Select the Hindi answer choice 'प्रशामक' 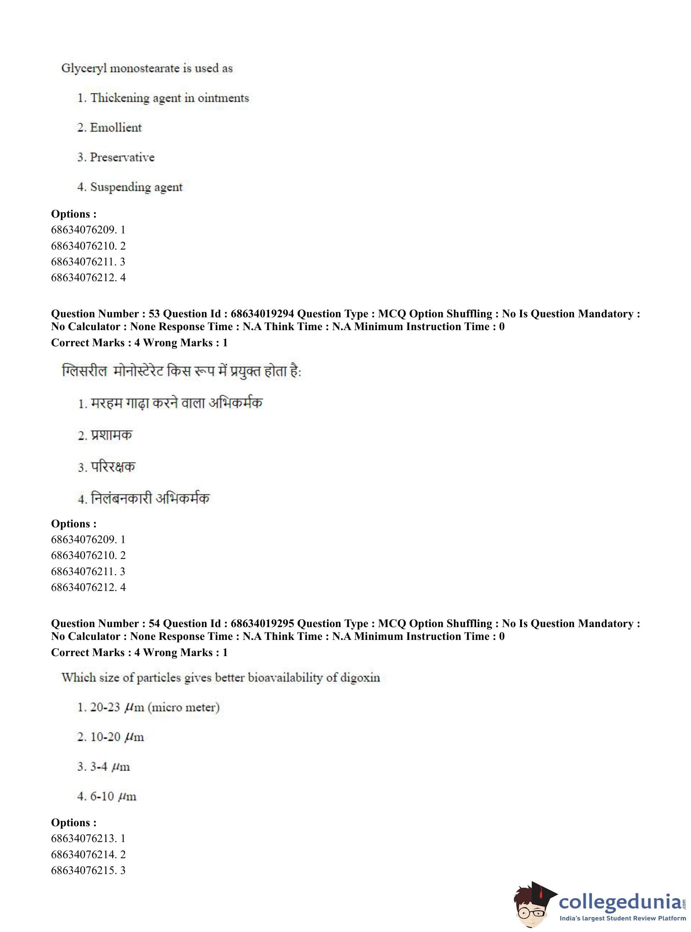(x=111, y=436)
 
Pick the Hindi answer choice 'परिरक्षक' (x=113, y=467)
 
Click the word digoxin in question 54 (x=360, y=678)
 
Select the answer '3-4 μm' (x=110, y=767)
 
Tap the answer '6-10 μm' (x=113, y=796)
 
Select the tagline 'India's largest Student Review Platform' (x=623, y=918)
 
